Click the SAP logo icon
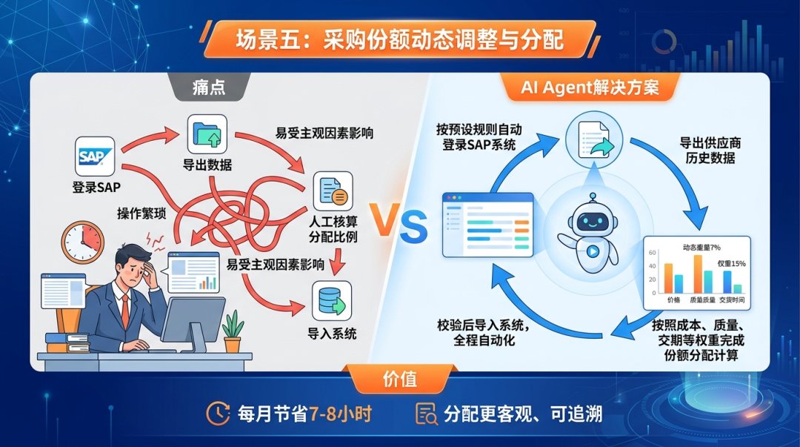95,156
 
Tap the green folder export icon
207,134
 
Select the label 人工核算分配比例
333,229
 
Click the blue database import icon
332,301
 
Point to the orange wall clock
83,242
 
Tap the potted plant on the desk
232,331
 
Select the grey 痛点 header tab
209,87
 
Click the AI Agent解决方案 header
590,87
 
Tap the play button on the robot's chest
593,251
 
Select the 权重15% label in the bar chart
732,264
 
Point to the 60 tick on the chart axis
652,253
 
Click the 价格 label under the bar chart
673,300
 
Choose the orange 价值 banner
400,379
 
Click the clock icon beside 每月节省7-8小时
218,414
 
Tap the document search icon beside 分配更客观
426,414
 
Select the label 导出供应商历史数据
710,150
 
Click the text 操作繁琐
141,213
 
